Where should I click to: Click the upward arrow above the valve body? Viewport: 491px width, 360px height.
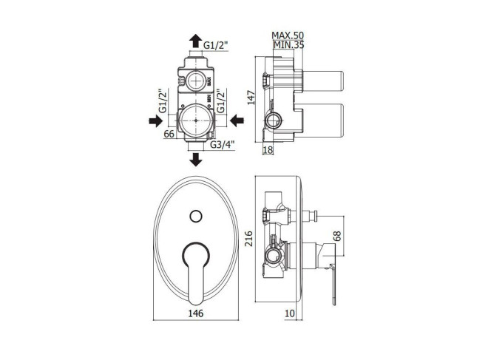[196, 41]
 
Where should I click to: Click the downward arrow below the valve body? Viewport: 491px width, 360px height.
[196, 160]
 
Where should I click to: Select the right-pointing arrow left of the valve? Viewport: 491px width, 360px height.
[155, 120]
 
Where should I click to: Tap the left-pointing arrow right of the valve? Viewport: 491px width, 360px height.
[237, 120]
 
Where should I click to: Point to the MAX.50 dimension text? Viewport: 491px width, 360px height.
[288, 35]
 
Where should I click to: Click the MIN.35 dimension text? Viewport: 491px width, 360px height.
[288, 45]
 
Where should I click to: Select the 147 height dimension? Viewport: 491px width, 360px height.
[251, 98]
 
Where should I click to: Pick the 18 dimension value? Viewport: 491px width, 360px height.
[268, 149]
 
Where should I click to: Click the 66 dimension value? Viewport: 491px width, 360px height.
[169, 134]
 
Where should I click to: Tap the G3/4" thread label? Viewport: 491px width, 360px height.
[223, 145]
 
